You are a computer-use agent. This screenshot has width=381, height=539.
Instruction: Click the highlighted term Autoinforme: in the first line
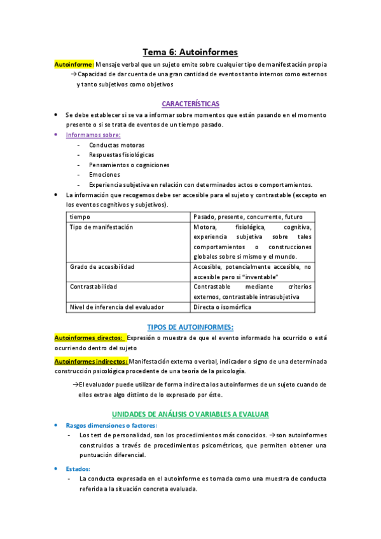click(74, 64)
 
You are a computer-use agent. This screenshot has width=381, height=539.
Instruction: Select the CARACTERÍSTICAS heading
click(190, 103)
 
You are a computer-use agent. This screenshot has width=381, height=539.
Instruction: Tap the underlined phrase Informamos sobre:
click(93, 135)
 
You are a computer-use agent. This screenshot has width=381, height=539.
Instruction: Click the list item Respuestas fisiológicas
click(121, 154)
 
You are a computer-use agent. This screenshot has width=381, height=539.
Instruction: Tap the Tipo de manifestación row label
click(101, 227)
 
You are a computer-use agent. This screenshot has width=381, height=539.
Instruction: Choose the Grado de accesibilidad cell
click(102, 266)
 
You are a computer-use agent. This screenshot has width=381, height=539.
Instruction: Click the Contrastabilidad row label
click(94, 287)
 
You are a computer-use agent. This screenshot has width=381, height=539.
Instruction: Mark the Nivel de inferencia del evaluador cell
click(113, 307)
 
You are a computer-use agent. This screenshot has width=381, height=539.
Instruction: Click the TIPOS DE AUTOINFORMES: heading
click(190, 327)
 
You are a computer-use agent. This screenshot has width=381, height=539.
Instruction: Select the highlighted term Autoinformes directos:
click(89, 338)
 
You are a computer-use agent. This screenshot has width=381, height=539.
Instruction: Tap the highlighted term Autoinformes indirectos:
click(92, 361)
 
